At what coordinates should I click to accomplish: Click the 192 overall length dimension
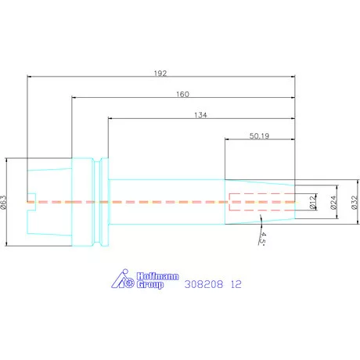[160, 74]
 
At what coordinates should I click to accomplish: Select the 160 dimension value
[182, 94]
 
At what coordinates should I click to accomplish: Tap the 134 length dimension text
[200, 115]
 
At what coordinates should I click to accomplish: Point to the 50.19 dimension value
[259, 136]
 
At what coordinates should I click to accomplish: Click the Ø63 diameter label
[3, 203]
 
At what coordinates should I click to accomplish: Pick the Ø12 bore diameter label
[312, 202]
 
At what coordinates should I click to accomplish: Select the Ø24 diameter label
[333, 202]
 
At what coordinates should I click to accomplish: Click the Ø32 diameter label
[355, 202]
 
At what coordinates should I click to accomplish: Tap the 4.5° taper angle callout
[262, 239]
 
